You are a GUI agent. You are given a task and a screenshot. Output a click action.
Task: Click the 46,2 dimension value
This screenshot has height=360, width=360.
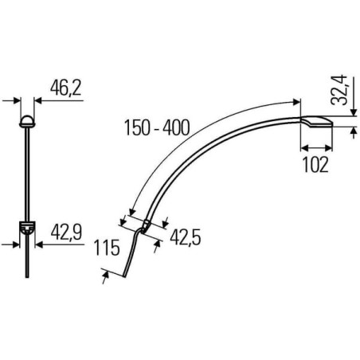[65, 88]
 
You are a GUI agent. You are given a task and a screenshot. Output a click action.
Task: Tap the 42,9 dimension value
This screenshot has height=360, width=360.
[66, 232]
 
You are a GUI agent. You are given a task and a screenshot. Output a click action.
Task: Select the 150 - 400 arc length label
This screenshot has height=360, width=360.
[158, 127]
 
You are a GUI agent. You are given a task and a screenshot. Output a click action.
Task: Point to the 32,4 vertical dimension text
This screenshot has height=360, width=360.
[339, 90]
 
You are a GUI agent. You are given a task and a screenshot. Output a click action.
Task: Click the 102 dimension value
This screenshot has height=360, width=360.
[315, 165]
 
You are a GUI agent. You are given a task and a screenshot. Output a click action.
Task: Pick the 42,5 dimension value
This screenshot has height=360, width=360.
[186, 237]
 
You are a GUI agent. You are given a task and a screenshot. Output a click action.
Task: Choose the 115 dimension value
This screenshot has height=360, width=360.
[107, 248]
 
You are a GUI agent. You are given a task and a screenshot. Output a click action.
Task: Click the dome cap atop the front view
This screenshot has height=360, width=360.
[27, 121]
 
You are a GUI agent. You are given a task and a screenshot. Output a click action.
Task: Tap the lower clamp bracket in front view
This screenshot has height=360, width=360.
[27, 228]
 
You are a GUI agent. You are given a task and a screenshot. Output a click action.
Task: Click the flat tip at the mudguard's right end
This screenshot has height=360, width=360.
[316, 122]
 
